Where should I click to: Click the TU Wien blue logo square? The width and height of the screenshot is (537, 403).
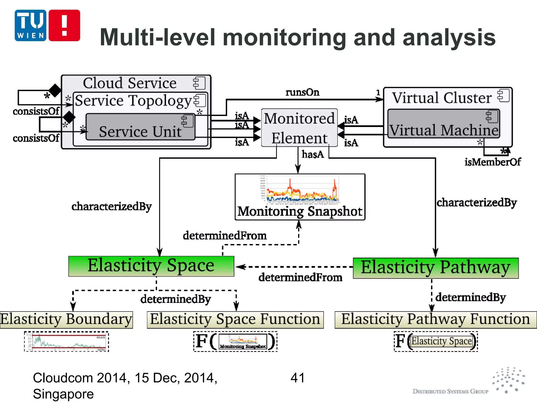tap(30, 25)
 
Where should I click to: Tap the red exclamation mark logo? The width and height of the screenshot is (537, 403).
tap(64, 25)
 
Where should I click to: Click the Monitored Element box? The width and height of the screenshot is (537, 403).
tap(299, 128)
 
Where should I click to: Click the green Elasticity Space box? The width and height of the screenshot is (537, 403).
tap(151, 266)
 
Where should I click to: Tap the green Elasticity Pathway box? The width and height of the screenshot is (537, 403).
tap(436, 268)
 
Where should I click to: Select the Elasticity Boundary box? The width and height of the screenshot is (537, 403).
tap(66, 320)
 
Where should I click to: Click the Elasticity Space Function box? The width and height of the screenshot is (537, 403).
tap(235, 320)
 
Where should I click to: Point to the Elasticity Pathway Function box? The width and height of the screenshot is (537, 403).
tap(436, 320)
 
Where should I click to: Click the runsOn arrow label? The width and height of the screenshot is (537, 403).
tap(302, 92)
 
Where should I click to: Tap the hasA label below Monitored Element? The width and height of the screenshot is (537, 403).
tap(313, 154)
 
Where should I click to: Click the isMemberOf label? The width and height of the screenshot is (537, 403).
tap(492, 162)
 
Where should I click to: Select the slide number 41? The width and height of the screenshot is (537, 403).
tap(298, 378)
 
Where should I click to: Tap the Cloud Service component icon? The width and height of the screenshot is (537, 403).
tap(199, 83)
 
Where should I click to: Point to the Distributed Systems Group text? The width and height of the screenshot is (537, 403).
tap(450, 391)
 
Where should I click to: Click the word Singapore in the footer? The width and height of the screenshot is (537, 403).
tap(63, 394)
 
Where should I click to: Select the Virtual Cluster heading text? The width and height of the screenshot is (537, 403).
tap(442, 98)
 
